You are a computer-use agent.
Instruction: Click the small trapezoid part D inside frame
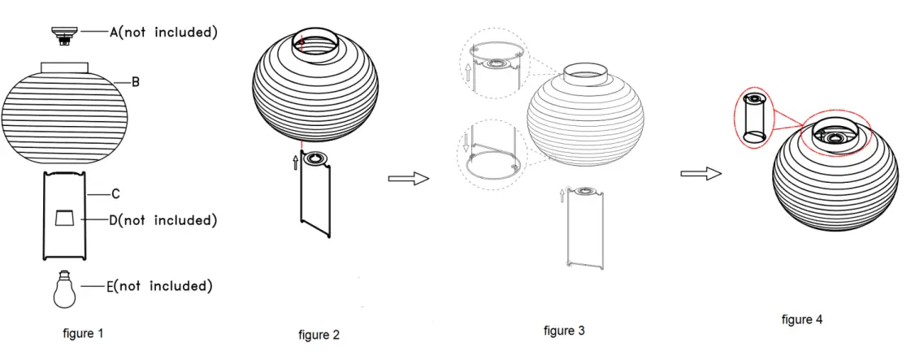[x=64, y=218]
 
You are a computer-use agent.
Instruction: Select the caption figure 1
[x=83, y=333]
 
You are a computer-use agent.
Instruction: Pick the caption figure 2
[x=319, y=335]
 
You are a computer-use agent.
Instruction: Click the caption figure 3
[x=564, y=331]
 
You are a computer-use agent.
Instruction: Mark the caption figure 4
[x=802, y=319]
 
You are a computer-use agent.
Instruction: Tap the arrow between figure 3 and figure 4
[x=701, y=173]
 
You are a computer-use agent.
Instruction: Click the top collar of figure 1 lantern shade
[x=64, y=66]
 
